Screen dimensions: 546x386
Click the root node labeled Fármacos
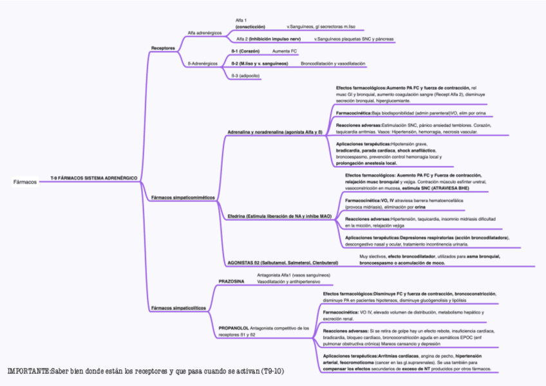click(25, 181)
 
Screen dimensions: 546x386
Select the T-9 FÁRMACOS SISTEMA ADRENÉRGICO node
click(93, 177)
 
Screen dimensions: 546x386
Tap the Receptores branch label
click(163, 48)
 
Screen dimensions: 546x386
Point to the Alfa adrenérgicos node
click(205, 32)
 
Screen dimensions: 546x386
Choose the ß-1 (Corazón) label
click(245, 50)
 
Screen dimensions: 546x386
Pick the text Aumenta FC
click(285, 50)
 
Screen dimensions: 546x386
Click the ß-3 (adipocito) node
click(245, 76)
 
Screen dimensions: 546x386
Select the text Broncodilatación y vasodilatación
click(333, 64)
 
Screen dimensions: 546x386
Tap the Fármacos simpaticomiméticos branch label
click(183, 197)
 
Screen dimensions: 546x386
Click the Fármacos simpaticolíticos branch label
click(178, 308)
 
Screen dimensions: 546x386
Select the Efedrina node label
click(279, 216)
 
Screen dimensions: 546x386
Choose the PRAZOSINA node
click(231, 281)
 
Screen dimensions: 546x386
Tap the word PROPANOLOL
click(234, 327)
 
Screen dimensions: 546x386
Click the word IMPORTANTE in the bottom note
click(29, 372)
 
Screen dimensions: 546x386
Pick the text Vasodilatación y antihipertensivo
click(288, 281)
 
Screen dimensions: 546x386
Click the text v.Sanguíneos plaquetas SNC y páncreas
click(354, 39)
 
